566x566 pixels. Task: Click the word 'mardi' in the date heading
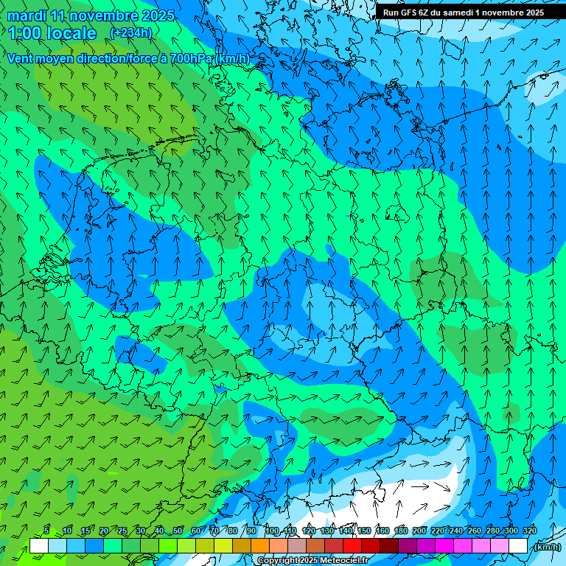25,15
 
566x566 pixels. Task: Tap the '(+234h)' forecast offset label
130,32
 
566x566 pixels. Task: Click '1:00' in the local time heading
25,33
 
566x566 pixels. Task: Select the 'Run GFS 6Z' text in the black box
410,13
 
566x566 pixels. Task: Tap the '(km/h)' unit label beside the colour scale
546,547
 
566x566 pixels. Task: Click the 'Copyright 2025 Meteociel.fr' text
312,561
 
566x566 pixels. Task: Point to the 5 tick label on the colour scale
46,531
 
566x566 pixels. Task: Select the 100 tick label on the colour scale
272,531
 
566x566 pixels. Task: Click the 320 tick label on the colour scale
529,531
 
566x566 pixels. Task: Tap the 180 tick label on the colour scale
400,531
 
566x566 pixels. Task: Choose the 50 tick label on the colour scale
178,531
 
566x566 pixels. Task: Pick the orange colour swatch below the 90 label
260,546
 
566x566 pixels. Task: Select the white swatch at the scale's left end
39,546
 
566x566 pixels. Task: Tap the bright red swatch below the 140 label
352,546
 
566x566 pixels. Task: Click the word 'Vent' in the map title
21,58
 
